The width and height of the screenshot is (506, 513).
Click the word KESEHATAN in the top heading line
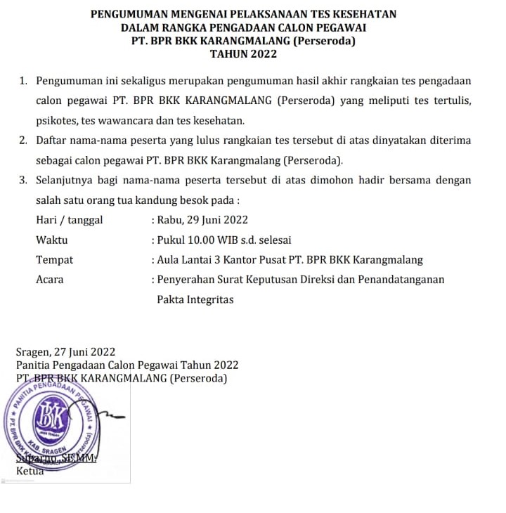366,14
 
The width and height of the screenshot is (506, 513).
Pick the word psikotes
58,121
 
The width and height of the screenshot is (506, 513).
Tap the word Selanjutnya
68,180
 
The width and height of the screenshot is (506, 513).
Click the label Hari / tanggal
69,220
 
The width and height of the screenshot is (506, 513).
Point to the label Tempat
54,259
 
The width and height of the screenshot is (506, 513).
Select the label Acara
49,279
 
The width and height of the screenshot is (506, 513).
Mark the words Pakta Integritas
195,299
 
